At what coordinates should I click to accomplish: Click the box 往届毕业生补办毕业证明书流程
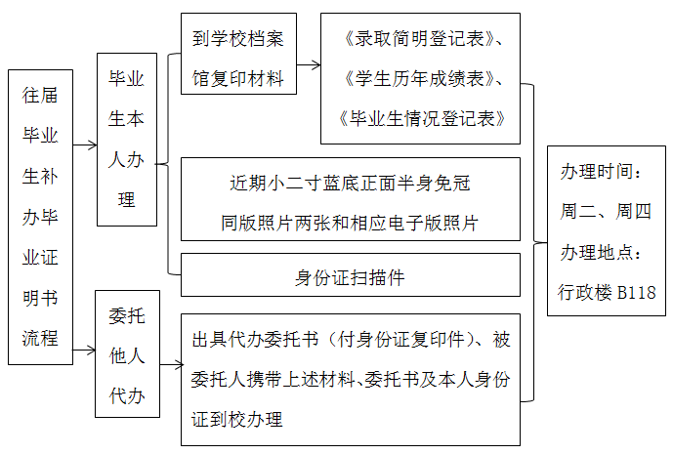point(40,217)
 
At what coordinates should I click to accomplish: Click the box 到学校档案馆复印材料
point(238,54)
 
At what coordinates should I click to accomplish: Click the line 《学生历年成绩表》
point(420,78)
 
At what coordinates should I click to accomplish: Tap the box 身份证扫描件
point(350,276)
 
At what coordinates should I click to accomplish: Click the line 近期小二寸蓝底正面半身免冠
point(350,184)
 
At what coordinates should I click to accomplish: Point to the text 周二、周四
point(606,211)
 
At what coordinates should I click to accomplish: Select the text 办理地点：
point(601,252)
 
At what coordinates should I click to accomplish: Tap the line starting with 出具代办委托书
point(350,340)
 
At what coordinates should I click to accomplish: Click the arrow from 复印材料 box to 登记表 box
point(309,65)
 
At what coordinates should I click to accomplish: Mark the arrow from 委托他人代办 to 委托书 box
point(172,366)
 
